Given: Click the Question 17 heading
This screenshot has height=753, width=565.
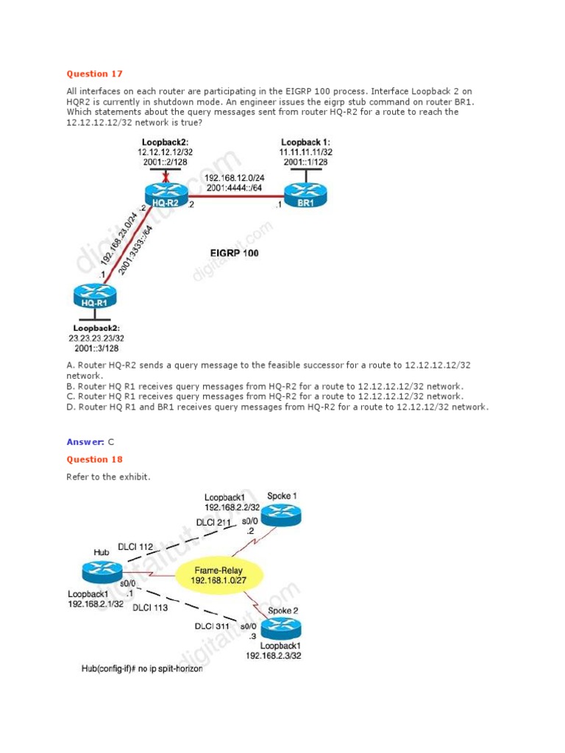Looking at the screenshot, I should pyautogui.click(x=95, y=74).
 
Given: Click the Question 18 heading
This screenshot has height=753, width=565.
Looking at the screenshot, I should pyautogui.click(x=95, y=460).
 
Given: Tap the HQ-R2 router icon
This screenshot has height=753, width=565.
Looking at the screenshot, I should pyautogui.click(x=167, y=193).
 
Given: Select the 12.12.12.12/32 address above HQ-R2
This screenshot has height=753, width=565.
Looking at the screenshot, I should pyautogui.click(x=163, y=151).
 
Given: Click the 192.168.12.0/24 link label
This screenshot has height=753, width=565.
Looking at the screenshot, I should pyautogui.click(x=235, y=177).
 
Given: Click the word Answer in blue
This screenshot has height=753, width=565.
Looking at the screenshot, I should pyautogui.click(x=85, y=442).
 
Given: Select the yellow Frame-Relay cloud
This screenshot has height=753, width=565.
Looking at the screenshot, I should pyautogui.click(x=219, y=575).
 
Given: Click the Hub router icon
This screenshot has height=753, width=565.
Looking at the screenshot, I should pyautogui.click(x=102, y=573).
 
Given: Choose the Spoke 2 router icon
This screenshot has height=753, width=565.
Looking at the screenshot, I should pyautogui.click(x=282, y=627).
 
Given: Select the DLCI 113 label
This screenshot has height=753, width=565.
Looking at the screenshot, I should pyautogui.click(x=150, y=608).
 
